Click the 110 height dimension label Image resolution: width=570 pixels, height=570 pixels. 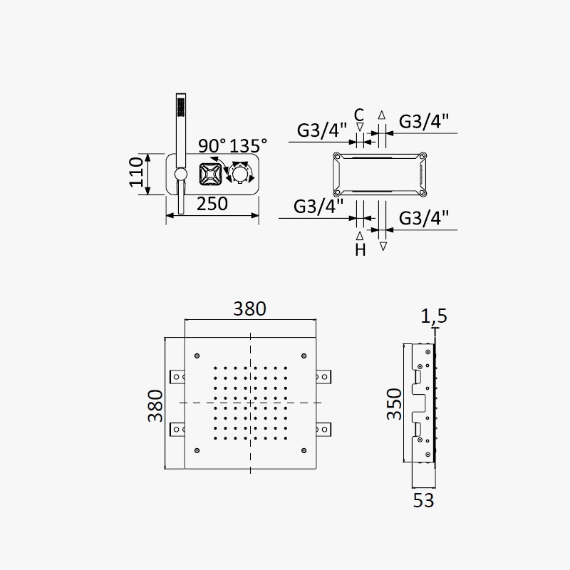pos(136,172)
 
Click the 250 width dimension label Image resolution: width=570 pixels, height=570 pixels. pos(212,204)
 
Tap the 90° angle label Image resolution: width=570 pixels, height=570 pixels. pos(212,146)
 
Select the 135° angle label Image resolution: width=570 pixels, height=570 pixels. pos(248,146)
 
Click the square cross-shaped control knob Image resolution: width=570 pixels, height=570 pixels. pos(210,175)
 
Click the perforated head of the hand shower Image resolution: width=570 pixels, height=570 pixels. pos(181,105)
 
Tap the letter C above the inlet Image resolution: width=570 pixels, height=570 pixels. pos(359,115)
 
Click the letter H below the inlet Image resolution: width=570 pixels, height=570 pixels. pos(361,250)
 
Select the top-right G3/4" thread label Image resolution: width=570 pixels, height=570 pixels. pos(424,121)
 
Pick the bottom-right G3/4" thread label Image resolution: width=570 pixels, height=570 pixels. pos(424,218)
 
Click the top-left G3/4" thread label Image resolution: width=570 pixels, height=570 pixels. pos(322,130)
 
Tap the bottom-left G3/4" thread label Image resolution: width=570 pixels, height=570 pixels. pos(318,207)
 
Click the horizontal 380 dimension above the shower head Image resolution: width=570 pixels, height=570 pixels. pos(250,309)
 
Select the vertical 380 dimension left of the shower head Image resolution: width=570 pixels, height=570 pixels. pos(155,405)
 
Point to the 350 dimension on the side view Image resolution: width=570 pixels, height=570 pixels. pos(394,404)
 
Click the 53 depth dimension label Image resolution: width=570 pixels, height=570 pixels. pos(423,501)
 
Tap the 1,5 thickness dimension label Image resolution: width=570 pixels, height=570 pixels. pos(434,316)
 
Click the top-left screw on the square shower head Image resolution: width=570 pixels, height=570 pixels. pos(197,356)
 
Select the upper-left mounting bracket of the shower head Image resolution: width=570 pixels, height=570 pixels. pos(177,377)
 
